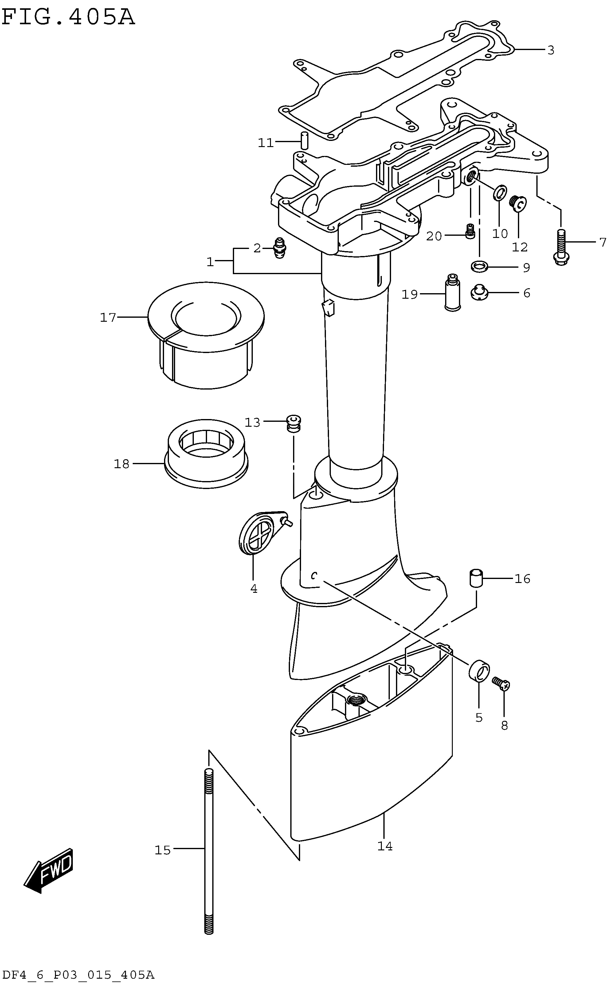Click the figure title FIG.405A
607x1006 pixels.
coord(68,17)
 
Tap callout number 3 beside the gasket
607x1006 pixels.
coord(550,50)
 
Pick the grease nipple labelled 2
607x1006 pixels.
coord(280,248)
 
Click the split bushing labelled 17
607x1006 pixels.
coord(206,335)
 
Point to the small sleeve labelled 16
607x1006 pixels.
coord(475,579)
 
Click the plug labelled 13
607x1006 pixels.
coord(294,423)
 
